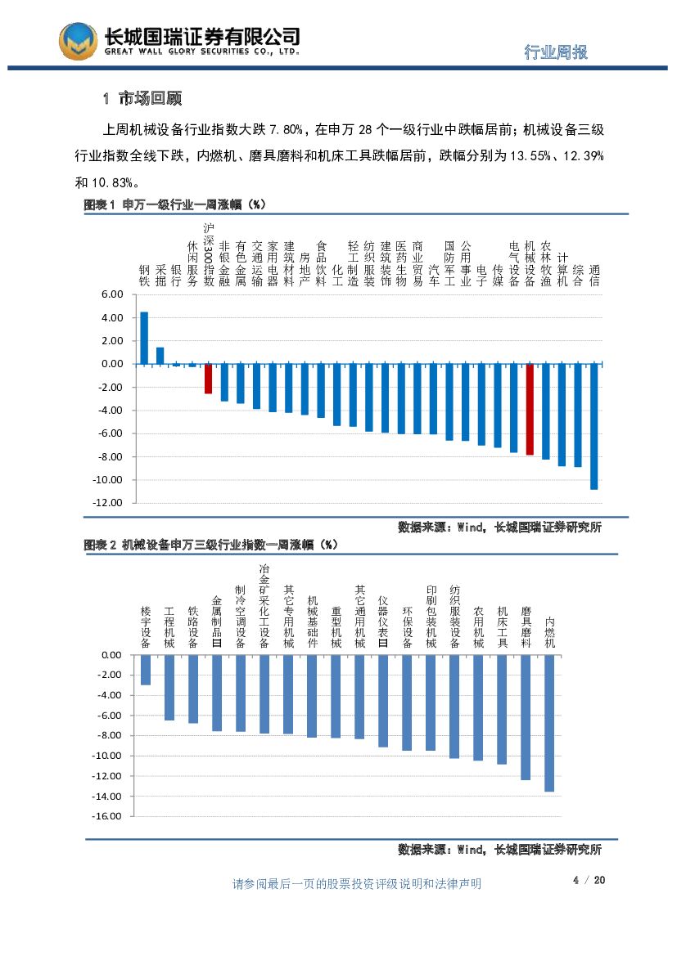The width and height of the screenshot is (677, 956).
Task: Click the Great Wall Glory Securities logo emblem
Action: (78, 41)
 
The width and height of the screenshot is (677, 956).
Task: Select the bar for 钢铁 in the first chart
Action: (144, 338)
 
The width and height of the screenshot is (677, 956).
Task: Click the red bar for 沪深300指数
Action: (209, 379)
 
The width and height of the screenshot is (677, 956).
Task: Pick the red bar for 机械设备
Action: (530, 409)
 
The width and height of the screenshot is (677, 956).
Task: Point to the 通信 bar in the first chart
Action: (594, 426)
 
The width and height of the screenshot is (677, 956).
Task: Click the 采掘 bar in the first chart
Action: (160, 356)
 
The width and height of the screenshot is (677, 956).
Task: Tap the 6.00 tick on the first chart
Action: (111, 294)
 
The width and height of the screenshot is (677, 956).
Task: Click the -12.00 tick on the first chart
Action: (108, 502)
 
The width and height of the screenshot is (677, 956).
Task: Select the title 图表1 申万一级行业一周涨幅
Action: (175, 205)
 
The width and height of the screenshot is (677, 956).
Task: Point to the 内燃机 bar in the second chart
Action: (549, 723)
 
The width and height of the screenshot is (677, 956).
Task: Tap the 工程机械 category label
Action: (169, 627)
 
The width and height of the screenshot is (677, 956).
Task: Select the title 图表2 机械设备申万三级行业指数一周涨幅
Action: (210, 544)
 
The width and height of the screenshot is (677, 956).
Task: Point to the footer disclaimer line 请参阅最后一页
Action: (357, 883)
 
